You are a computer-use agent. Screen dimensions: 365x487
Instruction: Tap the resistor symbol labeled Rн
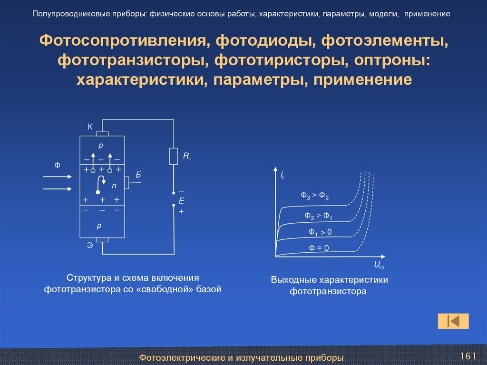coord(174,156)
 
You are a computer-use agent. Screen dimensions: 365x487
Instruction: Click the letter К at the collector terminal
coord(90,127)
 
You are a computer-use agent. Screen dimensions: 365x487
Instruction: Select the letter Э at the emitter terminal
coord(89,245)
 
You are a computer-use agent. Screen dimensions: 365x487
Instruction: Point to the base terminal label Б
coord(138,175)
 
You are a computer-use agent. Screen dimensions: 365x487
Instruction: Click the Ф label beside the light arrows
coord(57,165)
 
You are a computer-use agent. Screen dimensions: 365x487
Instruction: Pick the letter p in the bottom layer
coord(100,227)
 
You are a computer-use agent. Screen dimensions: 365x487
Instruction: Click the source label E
coord(181,201)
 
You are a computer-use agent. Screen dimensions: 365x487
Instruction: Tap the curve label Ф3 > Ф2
coord(315,196)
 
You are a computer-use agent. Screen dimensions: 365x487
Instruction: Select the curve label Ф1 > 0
coord(320,232)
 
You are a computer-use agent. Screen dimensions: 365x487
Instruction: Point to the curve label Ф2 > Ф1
coord(319,216)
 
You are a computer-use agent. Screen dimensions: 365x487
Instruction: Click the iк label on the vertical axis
coord(282,177)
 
